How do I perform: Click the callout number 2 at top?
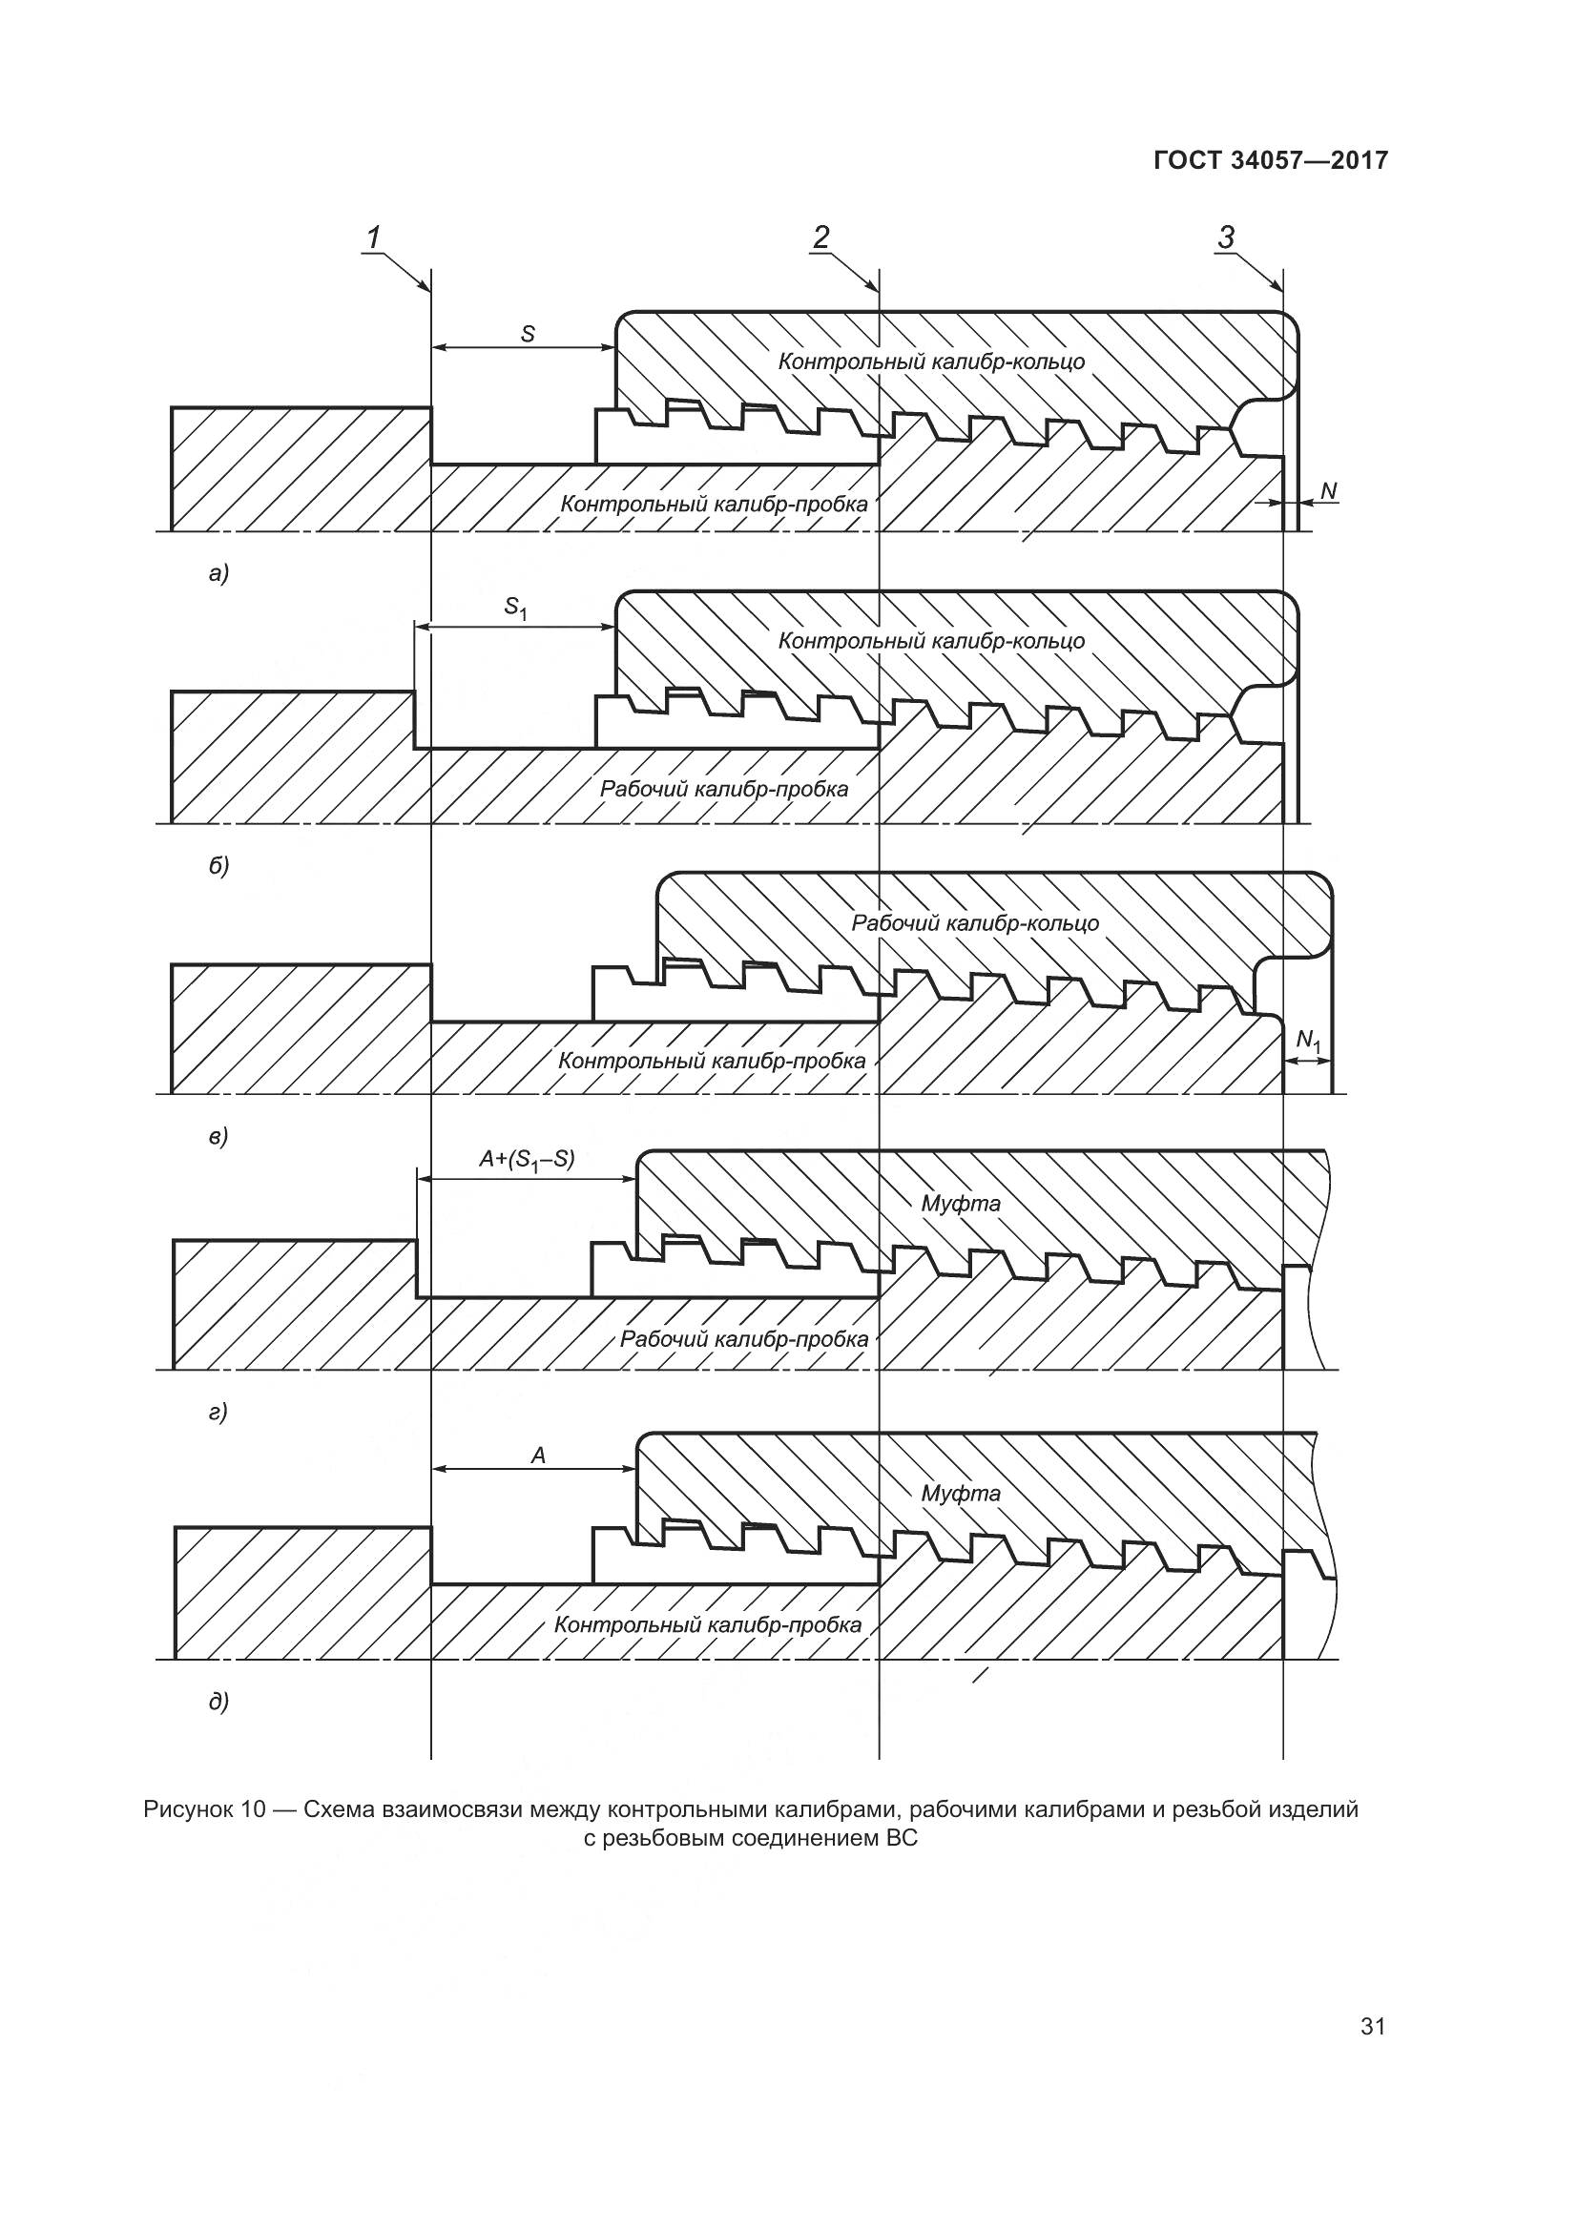pyautogui.click(x=822, y=238)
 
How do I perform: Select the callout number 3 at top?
pyautogui.click(x=1226, y=238)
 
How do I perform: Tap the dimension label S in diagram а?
pyautogui.click(x=528, y=334)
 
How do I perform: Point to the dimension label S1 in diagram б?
pyautogui.click(x=515, y=609)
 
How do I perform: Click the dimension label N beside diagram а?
pyautogui.click(x=1328, y=491)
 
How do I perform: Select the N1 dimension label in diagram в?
pyautogui.click(x=1309, y=1042)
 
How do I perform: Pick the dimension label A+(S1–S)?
pyautogui.click(x=527, y=1160)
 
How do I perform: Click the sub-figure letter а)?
pyautogui.click(x=218, y=574)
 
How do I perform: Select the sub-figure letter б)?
pyautogui.click(x=218, y=865)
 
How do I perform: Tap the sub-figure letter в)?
pyautogui.click(x=218, y=1136)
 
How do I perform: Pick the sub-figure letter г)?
pyautogui.click(x=218, y=1412)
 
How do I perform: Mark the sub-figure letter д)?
pyautogui.click(x=218, y=1702)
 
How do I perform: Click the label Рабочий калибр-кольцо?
pyautogui.click(x=975, y=923)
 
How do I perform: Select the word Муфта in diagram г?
pyautogui.click(x=960, y=1204)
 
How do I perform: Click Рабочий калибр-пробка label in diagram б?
pyautogui.click(x=724, y=788)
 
